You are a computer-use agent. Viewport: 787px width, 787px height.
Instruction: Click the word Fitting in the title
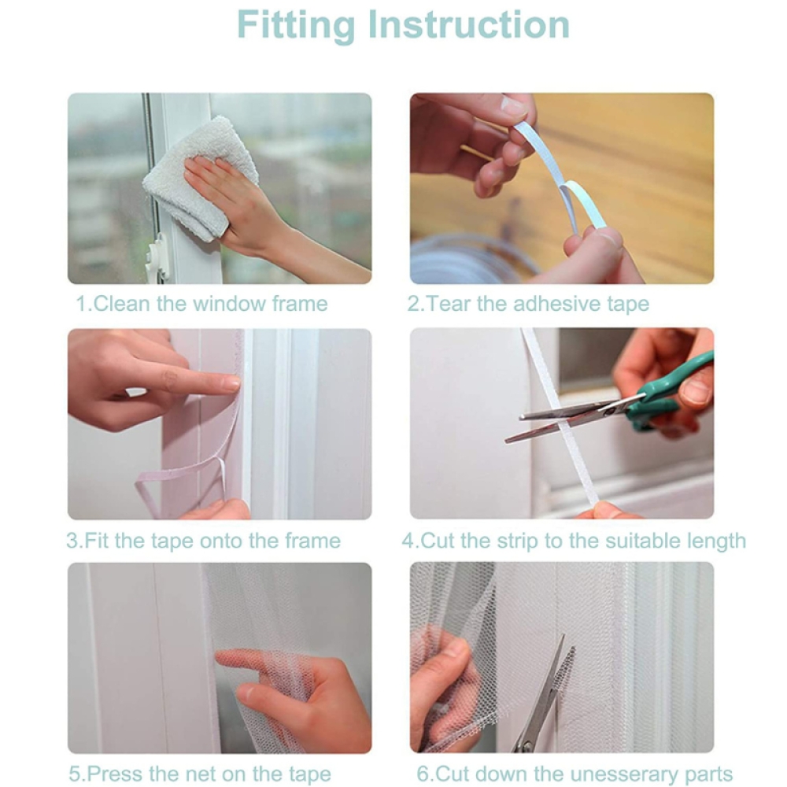point(296,25)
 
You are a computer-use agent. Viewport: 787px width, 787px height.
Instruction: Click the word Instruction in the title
point(469,24)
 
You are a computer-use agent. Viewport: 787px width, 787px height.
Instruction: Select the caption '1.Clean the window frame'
point(201,304)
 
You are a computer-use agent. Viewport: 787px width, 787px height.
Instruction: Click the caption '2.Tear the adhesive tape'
point(528,304)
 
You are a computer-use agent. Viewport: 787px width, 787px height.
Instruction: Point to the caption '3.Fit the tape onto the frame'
point(203,541)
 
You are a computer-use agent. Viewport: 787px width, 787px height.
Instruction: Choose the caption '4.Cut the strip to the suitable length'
point(574,541)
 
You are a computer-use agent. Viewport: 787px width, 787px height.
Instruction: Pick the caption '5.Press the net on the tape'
point(200,774)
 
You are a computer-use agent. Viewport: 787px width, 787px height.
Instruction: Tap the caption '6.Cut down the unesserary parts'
point(575,774)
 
